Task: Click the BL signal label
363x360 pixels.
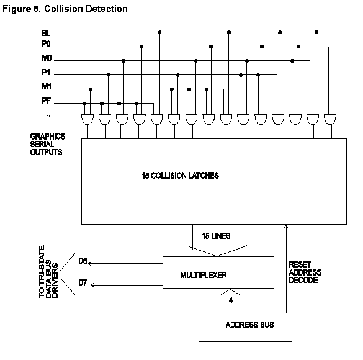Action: [x=46, y=33]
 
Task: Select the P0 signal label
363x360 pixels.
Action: [x=46, y=44]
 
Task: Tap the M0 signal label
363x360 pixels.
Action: [x=47, y=58]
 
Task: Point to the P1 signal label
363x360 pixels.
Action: [x=46, y=72]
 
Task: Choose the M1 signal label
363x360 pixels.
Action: [x=47, y=86]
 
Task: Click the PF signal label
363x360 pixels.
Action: [x=47, y=101]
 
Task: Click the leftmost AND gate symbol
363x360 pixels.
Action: [x=87, y=119]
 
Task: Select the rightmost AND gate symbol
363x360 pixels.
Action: [x=330, y=119]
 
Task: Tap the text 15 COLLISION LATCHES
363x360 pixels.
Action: [x=180, y=176]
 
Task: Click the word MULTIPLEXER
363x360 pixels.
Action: [x=204, y=275]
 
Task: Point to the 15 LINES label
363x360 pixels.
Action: [x=216, y=236]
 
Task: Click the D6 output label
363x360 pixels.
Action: [x=83, y=261]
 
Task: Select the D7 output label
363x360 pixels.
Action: [x=83, y=282]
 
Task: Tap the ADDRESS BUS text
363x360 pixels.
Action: [x=250, y=325]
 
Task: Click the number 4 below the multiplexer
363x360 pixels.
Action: [x=231, y=300]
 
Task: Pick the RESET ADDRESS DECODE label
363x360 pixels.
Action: [x=305, y=272]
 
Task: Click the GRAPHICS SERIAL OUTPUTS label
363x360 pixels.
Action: [x=48, y=144]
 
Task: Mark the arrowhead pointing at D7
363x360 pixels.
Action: [x=92, y=285]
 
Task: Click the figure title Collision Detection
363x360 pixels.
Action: [x=86, y=9]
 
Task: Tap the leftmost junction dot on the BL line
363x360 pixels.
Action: [x=159, y=32]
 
